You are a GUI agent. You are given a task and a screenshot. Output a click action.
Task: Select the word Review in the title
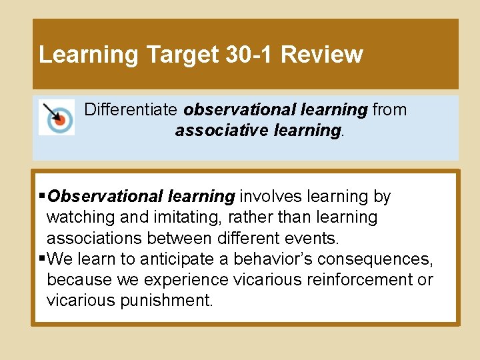(322, 55)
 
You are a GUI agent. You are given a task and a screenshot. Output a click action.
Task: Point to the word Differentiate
(131, 109)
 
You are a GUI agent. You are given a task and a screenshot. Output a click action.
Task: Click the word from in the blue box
(389, 109)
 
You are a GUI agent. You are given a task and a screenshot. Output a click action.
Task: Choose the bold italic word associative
(221, 130)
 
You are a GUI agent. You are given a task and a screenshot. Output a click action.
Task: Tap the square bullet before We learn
(43, 258)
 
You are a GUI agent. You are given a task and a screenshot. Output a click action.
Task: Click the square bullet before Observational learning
(43, 197)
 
